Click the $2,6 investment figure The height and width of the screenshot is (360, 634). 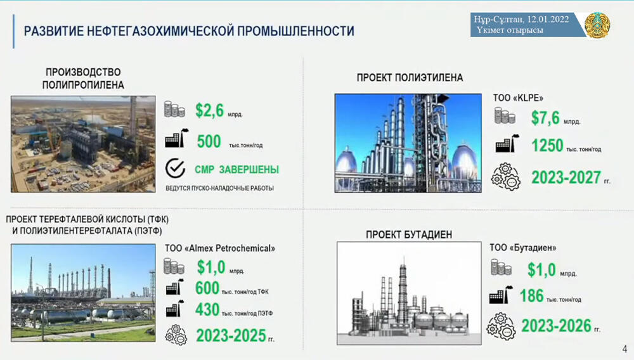[209, 110]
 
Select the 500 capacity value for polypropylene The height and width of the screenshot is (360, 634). [209, 141]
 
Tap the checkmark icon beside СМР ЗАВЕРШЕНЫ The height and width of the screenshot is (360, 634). [175, 168]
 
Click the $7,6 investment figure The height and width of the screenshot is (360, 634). [545, 118]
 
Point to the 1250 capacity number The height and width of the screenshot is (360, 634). [547, 145]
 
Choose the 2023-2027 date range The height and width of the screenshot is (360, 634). [566, 177]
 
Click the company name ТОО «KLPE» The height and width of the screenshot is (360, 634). [518, 98]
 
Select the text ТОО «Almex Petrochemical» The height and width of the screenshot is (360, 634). [220, 248]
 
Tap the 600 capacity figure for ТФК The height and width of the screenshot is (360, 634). [207, 288]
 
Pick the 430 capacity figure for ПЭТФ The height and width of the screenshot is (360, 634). [207, 310]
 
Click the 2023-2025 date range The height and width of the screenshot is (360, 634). [231, 335]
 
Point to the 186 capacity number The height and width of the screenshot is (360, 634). [531, 296]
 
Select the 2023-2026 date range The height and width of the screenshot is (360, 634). [557, 326]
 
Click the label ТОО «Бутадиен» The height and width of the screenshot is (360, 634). [523, 248]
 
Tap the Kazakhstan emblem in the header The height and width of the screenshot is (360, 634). [597, 25]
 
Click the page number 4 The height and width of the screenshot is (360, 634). [624, 349]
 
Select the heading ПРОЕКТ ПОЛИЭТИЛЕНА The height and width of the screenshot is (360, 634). [410, 77]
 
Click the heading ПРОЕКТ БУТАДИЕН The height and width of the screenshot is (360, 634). [409, 235]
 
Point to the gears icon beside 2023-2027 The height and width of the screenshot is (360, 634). [505, 177]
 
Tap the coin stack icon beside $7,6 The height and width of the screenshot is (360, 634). [505, 115]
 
